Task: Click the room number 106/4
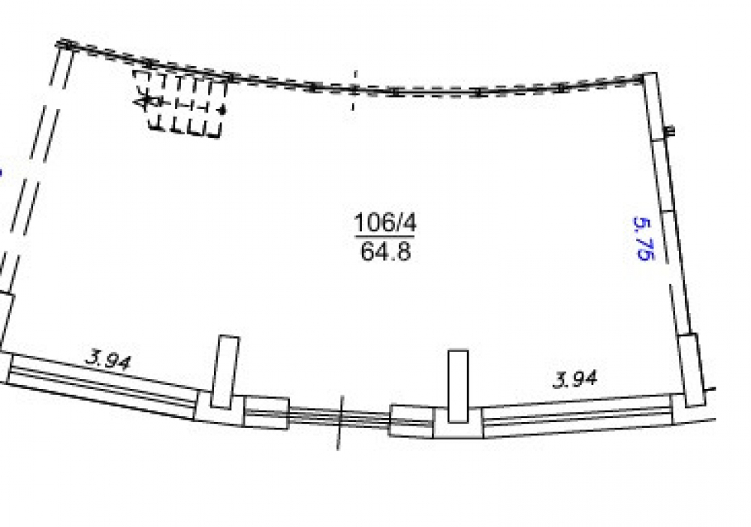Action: pos(385,222)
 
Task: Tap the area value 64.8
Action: pos(385,251)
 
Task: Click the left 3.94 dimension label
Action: pos(107,360)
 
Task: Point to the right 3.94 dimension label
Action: pos(575,379)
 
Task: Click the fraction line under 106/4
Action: pos(385,236)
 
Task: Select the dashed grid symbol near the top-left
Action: pos(180,103)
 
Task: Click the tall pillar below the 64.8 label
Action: pos(458,386)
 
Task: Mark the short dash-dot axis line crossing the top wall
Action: pos(354,91)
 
